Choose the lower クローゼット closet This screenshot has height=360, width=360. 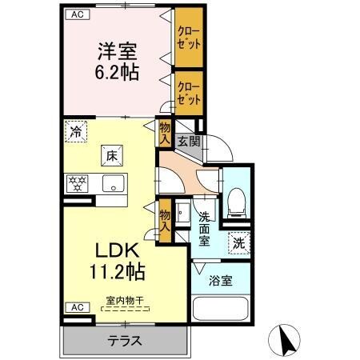[x=190, y=90]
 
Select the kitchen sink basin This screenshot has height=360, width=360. [x=113, y=183]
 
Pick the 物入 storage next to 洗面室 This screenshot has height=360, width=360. [x=165, y=218]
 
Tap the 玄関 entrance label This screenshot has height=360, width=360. [x=189, y=141]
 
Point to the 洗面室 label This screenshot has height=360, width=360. [x=205, y=228]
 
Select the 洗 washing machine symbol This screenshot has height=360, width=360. [x=238, y=242]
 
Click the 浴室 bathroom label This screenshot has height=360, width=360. [x=221, y=282]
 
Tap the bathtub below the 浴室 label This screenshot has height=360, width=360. [x=221, y=311]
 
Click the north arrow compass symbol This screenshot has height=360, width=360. [x=286, y=339]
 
